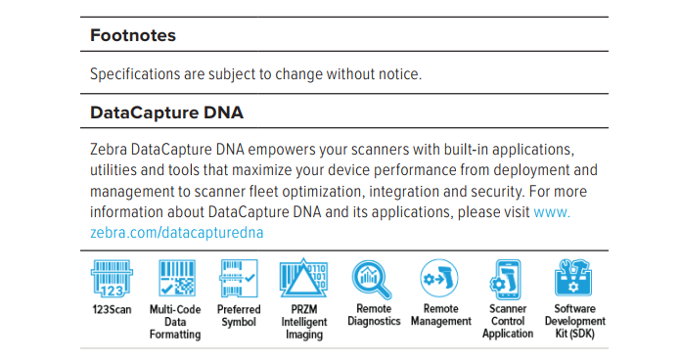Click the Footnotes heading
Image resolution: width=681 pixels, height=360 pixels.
(133, 35)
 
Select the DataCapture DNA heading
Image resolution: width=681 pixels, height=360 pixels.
(166, 112)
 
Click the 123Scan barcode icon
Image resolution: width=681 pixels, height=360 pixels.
(112, 279)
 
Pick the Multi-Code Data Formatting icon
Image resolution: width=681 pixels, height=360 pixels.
(177, 278)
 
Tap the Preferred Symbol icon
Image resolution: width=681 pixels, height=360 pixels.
(239, 279)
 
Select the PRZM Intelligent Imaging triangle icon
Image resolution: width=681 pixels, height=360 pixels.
(303, 278)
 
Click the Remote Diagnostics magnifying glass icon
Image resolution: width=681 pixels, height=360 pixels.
(372, 280)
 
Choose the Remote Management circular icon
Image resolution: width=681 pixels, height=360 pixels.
(439, 278)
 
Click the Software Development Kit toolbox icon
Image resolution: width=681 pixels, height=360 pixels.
(573, 278)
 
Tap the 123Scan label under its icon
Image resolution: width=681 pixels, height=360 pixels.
(112, 310)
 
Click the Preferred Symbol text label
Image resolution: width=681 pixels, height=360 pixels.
(239, 316)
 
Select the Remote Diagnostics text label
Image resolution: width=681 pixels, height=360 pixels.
(374, 315)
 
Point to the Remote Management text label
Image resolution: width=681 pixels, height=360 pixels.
(441, 315)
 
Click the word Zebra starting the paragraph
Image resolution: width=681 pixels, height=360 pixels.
(109, 150)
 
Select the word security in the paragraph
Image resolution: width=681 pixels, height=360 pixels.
(492, 192)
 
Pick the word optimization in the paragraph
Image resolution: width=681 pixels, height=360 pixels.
(320, 192)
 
